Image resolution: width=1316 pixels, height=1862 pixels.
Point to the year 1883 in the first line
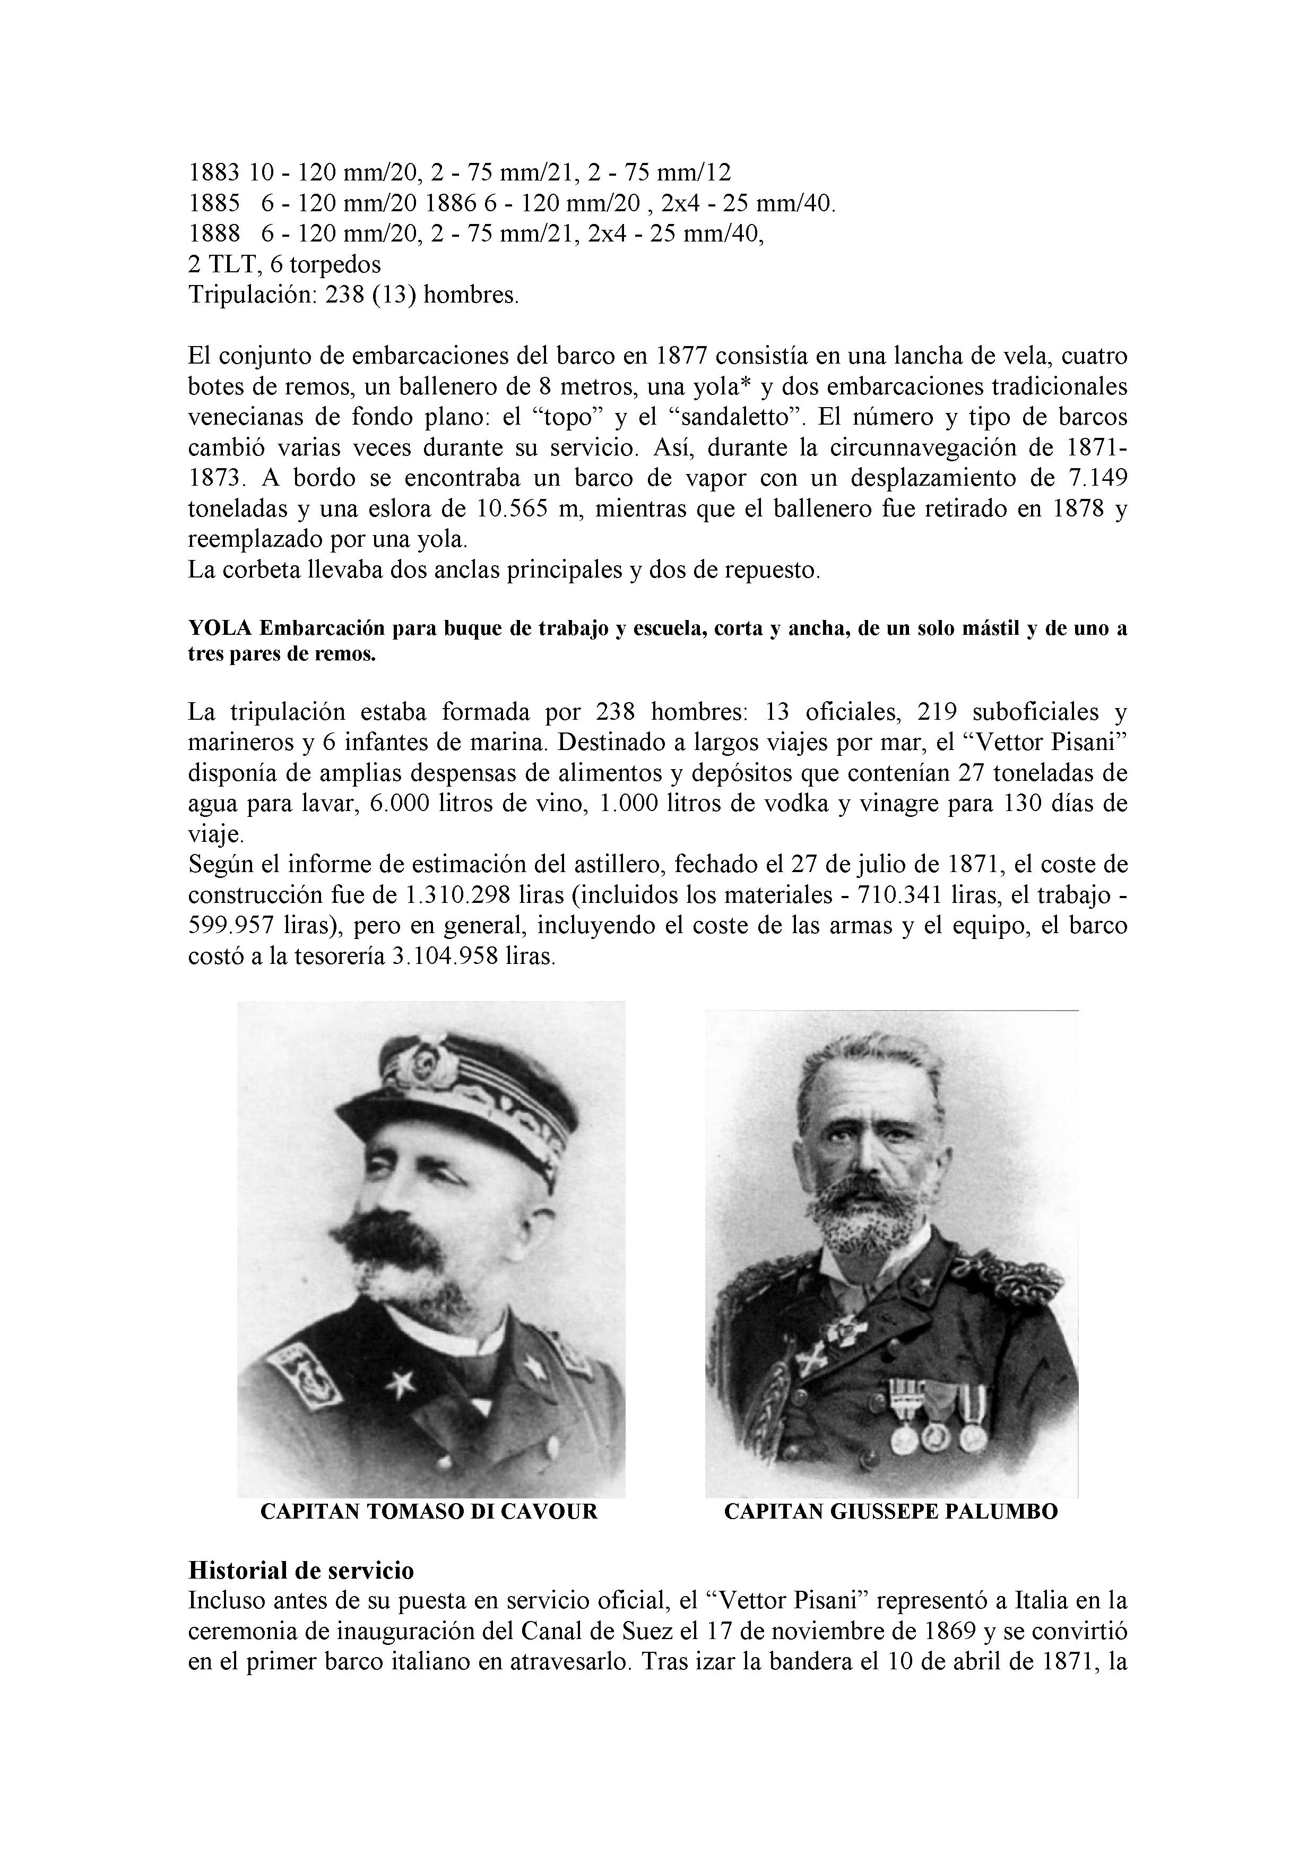pyautogui.click(x=214, y=173)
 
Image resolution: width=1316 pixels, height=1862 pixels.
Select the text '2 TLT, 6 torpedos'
pyautogui.click(x=284, y=264)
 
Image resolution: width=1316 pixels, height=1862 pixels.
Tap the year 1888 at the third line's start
pyautogui.click(x=214, y=234)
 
